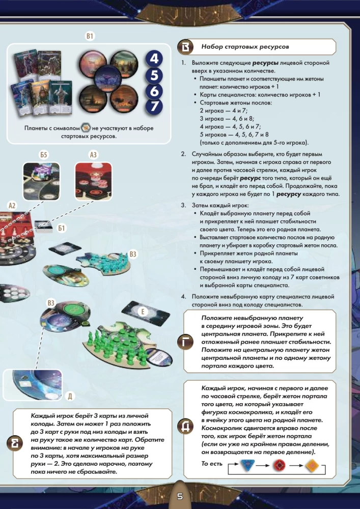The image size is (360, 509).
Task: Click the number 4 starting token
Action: pos(154,59)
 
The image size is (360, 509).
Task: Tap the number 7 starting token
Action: pos(154,107)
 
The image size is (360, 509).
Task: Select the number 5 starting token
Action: pos(154,75)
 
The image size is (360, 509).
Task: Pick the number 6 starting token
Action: pos(154,91)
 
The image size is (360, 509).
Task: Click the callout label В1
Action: pos(90,37)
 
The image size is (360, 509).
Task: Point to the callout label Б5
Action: pos(44,155)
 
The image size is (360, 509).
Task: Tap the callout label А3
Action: pos(94,155)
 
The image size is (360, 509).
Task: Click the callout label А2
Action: pos(13,206)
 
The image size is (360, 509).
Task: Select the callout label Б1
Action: pos(62,229)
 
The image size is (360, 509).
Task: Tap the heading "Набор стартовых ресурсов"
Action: pos(245,47)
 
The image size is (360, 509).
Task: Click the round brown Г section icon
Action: pos(186,342)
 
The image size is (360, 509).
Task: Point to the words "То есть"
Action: pos(212,463)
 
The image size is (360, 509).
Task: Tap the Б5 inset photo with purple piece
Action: pos(42,181)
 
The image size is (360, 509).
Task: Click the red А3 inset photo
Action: pos(94,181)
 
